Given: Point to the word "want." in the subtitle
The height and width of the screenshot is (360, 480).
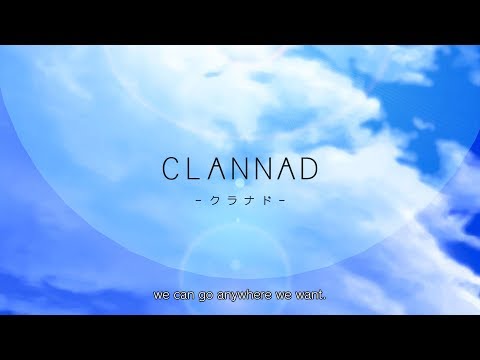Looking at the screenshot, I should pos(312,297).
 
